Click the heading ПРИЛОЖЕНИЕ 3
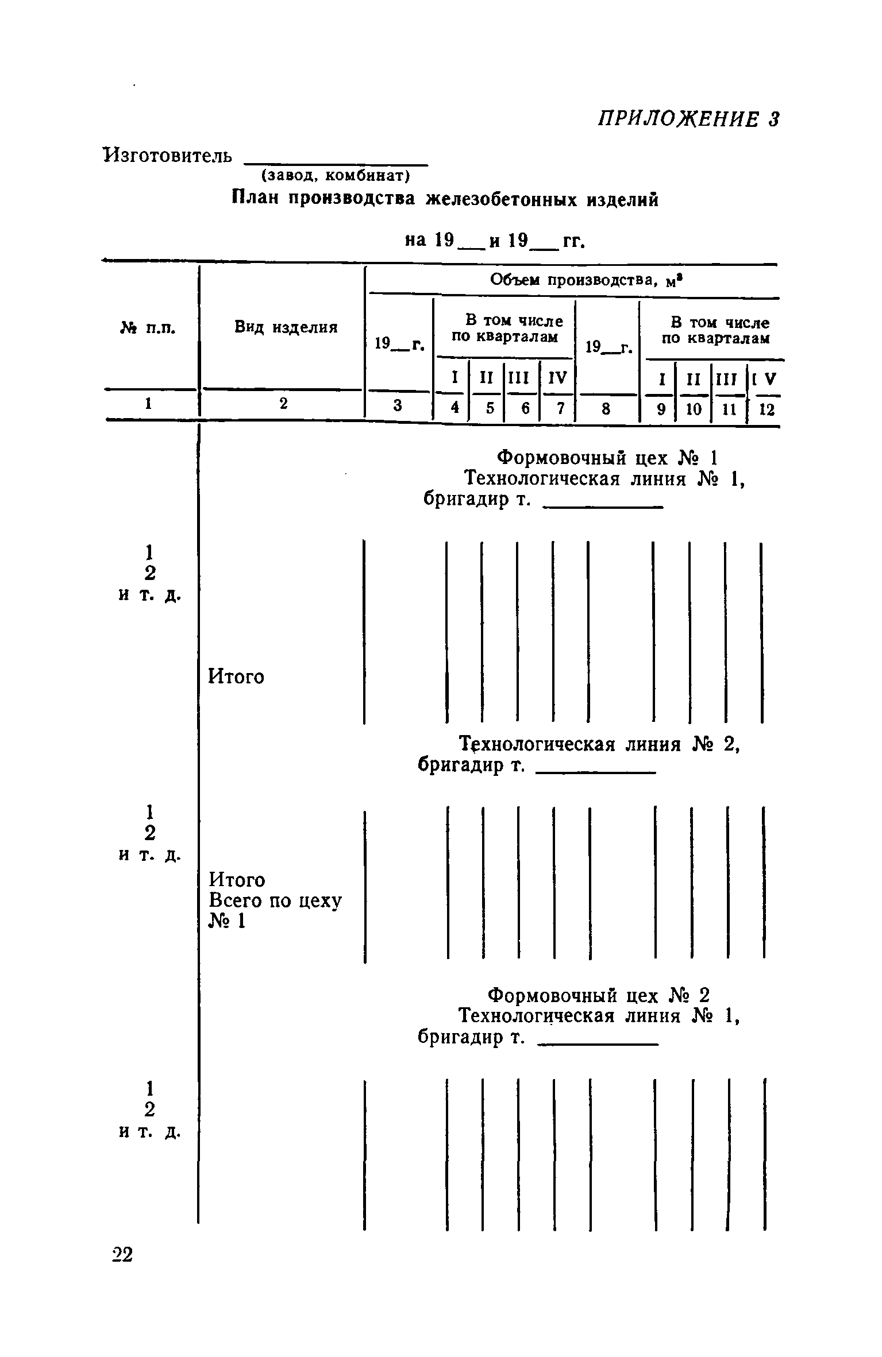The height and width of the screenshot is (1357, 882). [x=688, y=119]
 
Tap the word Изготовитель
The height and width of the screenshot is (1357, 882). [x=168, y=155]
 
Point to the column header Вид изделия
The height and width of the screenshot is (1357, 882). [x=286, y=327]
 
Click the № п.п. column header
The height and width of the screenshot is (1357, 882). [x=148, y=328]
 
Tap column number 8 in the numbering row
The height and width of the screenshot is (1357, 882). [x=606, y=408]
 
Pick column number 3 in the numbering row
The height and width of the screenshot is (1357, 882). [x=398, y=405]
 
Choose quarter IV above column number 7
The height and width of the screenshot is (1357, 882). [x=557, y=378]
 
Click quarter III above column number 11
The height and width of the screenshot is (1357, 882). [x=728, y=379]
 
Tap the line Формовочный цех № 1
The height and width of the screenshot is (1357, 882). [x=607, y=458]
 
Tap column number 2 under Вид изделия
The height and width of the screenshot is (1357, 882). [x=283, y=404]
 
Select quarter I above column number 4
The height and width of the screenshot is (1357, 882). [x=455, y=377]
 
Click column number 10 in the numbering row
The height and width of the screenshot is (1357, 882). [x=694, y=409]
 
